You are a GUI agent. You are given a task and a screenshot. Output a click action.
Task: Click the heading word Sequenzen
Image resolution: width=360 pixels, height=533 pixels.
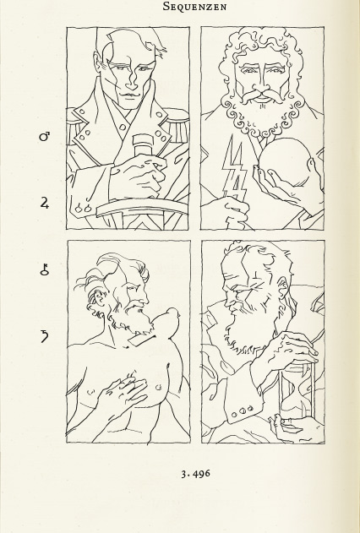(194, 7)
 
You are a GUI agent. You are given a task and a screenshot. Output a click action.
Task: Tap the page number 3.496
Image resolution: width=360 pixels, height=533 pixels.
(195, 474)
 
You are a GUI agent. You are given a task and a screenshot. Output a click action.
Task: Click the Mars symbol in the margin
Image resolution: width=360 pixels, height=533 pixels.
(45, 137)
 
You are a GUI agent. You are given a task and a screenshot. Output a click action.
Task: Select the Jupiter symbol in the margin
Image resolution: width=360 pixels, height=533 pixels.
(45, 203)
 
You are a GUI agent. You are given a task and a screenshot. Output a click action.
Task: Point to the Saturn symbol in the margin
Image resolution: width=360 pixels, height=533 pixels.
(45, 336)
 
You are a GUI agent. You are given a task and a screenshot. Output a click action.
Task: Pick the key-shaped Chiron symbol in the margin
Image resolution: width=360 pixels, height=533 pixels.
(45, 269)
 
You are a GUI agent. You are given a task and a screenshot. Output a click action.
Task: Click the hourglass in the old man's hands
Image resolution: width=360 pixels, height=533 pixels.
(296, 391)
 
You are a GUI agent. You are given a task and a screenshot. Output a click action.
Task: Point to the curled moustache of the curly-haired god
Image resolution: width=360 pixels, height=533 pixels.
(262, 95)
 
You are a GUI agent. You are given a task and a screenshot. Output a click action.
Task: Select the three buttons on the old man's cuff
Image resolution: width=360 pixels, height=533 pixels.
(242, 411)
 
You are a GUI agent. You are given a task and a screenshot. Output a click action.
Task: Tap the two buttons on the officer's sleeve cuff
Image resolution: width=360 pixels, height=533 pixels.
(84, 208)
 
